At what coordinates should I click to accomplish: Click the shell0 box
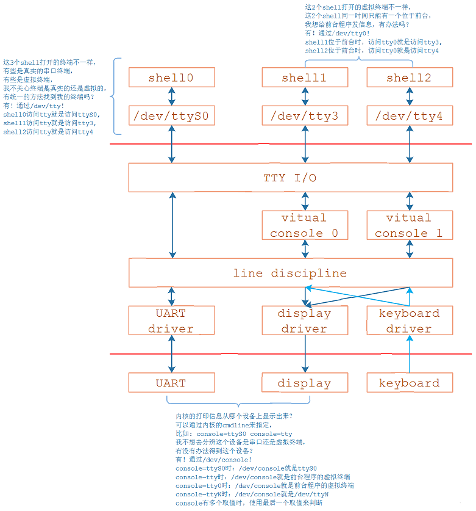(171, 78)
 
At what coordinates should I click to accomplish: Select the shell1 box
(304, 78)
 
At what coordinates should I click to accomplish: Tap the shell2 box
(409, 78)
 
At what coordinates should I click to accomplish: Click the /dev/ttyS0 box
(171, 115)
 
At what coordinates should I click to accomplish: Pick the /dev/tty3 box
(304, 115)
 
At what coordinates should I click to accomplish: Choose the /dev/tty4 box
(409, 115)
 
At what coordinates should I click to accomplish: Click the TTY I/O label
(290, 178)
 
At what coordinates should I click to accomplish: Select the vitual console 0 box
(304, 225)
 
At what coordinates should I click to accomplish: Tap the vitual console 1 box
(409, 225)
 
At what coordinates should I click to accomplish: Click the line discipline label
(290, 273)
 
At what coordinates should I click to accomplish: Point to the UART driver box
(171, 321)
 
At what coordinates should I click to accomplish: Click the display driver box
(304, 321)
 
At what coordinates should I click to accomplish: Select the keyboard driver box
(409, 321)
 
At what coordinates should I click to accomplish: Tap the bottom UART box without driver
(171, 383)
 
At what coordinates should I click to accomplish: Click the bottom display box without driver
(304, 383)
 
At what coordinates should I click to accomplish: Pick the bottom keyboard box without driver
(409, 383)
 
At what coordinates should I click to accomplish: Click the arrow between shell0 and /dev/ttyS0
(172, 96)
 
